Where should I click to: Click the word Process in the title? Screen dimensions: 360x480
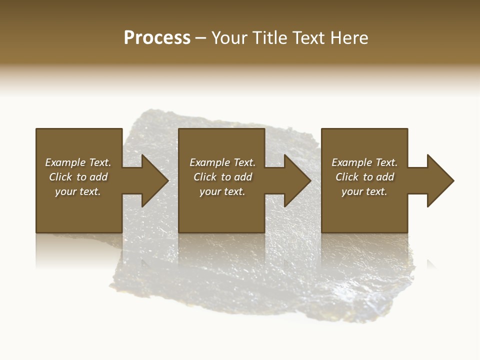click(x=157, y=38)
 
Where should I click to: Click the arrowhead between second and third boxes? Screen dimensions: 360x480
click(x=297, y=180)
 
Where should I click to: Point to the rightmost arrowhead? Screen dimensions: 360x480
click(x=439, y=180)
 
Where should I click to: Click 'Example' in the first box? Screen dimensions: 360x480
click(x=65, y=162)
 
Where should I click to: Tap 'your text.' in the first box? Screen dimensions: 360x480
click(x=78, y=191)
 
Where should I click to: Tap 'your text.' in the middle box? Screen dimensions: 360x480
click(x=222, y=191)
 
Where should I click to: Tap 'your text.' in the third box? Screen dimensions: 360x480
click(x=364, y=191)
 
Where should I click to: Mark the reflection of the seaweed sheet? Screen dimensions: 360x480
click(x=260, y=290)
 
